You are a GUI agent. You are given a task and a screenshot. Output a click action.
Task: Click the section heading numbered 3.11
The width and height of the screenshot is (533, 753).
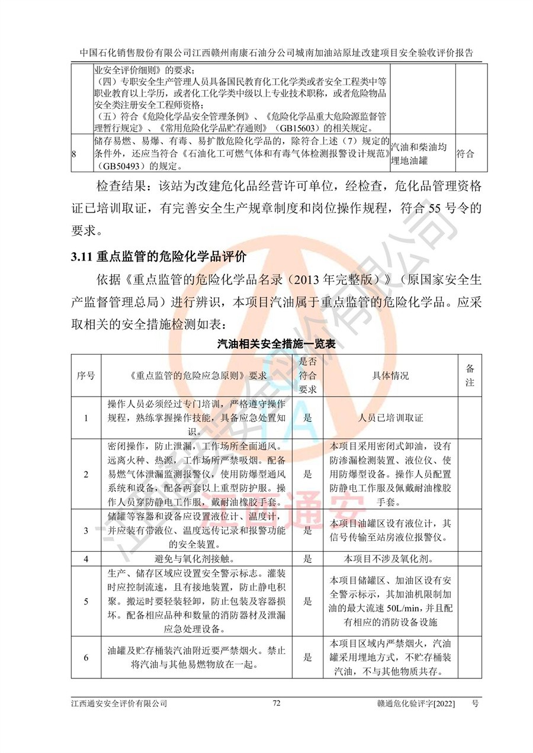tap(158, 257)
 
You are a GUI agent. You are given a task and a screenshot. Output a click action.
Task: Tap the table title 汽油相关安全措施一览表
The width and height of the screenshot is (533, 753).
tap(274, 343)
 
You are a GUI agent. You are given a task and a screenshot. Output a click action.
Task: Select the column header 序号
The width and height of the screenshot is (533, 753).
tap(86, 375)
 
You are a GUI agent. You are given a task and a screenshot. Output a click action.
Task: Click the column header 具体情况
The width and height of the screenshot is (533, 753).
tap(390, 375)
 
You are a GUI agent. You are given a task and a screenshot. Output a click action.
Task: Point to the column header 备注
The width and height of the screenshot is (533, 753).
tap(470, 375)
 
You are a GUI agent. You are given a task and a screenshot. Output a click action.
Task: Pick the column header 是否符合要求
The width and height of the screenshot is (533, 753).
tap(307, 375)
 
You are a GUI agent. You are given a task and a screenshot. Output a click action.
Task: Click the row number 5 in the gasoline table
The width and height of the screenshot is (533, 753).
tap(86, 601)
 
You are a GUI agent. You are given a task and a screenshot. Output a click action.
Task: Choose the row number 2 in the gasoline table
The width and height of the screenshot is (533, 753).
tap(86, 474)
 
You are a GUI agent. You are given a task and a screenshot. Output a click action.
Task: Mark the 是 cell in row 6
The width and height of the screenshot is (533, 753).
tap(307, 657)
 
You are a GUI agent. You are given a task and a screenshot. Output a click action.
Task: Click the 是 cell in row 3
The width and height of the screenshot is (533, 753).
tap(307, 531)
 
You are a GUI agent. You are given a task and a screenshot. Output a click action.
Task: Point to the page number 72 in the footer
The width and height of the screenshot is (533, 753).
tap(276, 703)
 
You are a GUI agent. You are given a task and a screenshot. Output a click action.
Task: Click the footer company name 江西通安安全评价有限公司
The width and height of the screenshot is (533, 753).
tap(118, 703)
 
